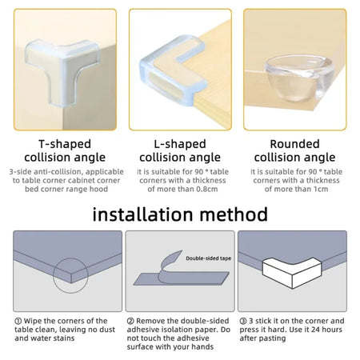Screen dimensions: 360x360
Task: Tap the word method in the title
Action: point(238,214)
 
